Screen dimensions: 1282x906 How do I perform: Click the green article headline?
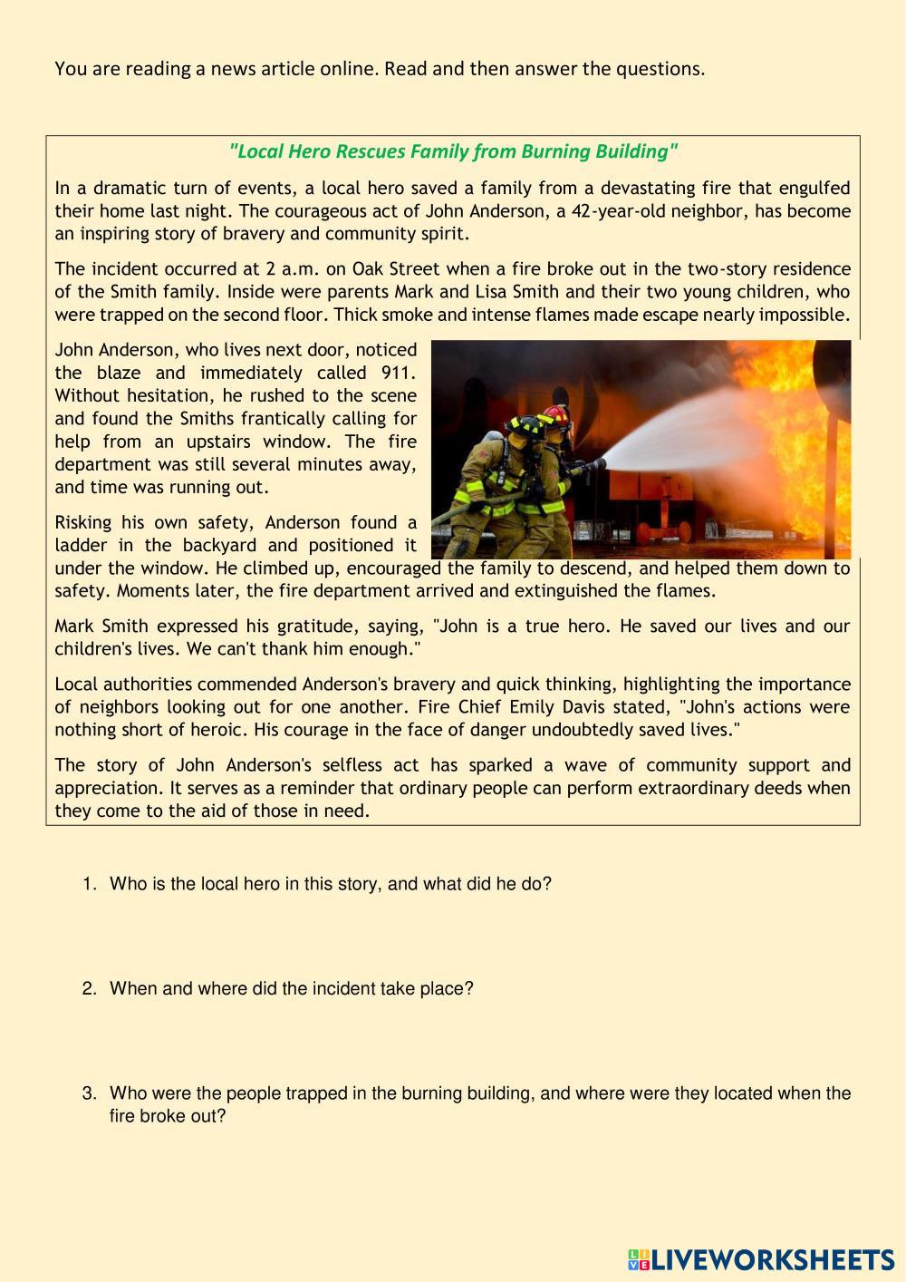(453, 151)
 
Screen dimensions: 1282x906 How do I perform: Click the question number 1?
(89, 884)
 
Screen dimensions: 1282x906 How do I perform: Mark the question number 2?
(89, 989)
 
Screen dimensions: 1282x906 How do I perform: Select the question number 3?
(89, 1094)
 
